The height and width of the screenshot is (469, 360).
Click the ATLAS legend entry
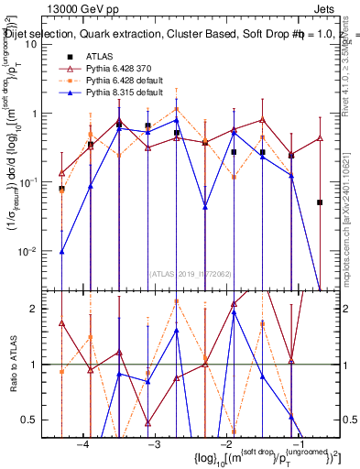98,57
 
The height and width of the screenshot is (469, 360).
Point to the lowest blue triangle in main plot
62,251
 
